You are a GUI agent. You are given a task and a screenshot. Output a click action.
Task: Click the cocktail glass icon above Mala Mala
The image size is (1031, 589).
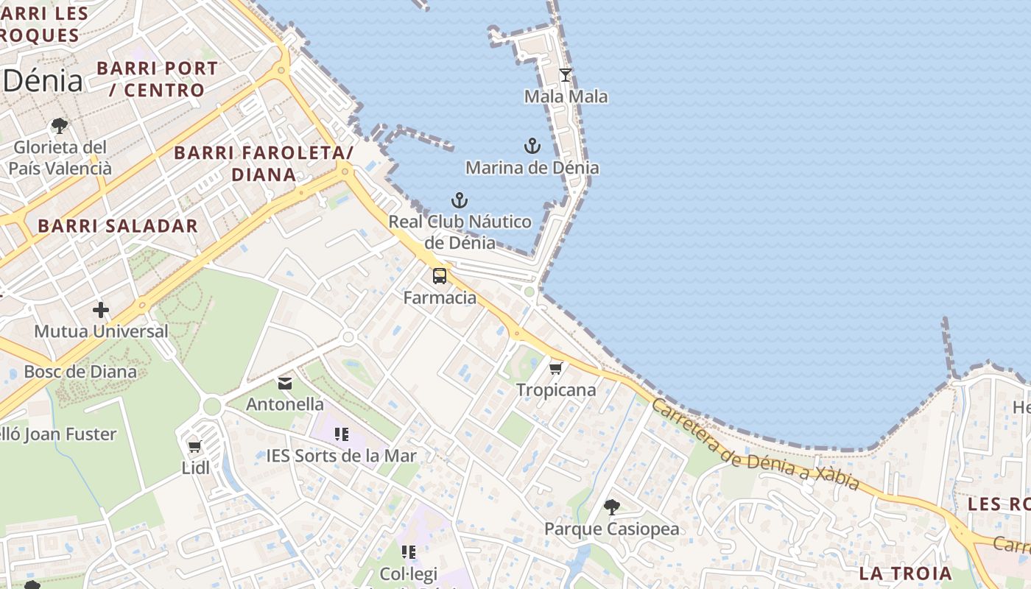566,74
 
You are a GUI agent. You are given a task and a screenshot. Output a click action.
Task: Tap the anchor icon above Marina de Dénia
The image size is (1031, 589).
532,145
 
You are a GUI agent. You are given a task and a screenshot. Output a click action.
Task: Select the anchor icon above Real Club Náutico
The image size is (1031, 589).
460,200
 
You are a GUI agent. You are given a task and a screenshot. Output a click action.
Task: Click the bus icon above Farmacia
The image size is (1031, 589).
440,276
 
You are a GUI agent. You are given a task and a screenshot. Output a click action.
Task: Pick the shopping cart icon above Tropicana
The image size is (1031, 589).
556,367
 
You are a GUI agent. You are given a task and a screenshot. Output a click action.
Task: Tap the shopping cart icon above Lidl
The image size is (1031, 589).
195,445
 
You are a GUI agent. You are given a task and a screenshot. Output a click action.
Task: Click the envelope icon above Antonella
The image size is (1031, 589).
285,383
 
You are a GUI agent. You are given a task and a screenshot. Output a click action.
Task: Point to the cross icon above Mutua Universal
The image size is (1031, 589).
101,310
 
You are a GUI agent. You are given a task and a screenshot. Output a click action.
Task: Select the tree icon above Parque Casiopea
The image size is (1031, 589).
611,507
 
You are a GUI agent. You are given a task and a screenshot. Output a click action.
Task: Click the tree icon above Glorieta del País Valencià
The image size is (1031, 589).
60,125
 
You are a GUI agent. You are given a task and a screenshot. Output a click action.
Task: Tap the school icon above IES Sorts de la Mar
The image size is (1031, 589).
341,434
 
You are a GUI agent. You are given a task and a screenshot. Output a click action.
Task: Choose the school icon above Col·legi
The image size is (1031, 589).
409,551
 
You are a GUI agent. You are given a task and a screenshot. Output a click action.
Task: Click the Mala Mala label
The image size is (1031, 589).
566,96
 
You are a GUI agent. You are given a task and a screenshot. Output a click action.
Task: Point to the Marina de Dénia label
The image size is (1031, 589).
532,167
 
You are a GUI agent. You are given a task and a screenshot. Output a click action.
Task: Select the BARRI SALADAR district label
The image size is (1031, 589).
118,226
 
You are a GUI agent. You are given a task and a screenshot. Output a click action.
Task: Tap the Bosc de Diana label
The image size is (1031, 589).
80,371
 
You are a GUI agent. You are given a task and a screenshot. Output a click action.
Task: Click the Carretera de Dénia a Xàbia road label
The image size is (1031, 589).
756,445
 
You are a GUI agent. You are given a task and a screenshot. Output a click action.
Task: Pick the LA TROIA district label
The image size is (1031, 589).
905,573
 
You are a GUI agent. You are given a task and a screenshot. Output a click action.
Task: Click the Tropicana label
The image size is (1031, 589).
556,389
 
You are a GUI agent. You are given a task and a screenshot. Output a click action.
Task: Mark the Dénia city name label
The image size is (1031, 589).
43,80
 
